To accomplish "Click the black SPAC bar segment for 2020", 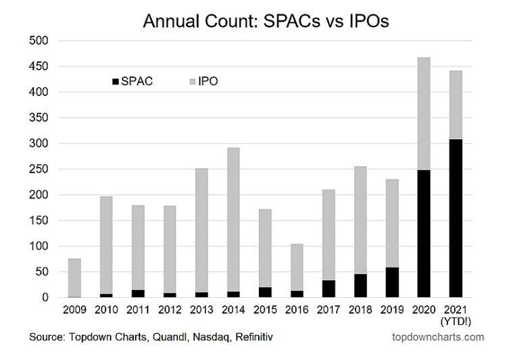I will pyautogui.click(x=423, y=234).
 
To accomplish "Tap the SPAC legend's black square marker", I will pyautogui.click(x=114, y=82).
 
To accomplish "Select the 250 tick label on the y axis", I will pyautogui.click(x=41, y=170).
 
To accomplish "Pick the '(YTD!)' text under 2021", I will pyautogui.click(x=458, y=322).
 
